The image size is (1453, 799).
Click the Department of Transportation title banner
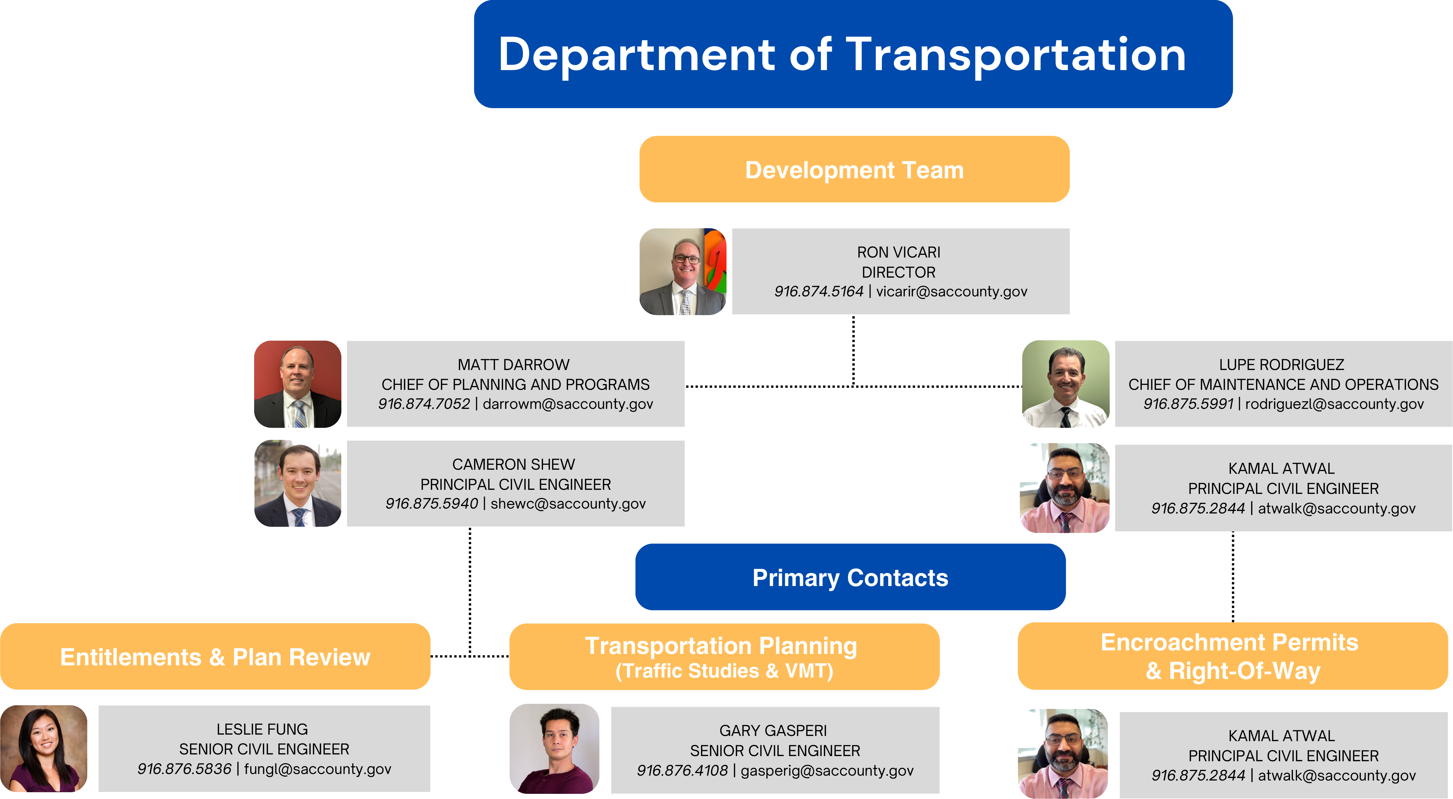tap(853, 54)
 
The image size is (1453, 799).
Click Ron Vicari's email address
tap(952, 292)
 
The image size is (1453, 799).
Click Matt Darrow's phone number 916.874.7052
tap(424, 404)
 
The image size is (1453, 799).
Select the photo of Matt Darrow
tap(298, 384)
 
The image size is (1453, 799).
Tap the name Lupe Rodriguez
tap(1281, 365)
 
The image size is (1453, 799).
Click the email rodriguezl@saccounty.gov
tap(1334, 404)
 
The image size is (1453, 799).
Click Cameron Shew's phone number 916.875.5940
tap(432, 503)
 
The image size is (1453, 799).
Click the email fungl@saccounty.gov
tap(317, 769)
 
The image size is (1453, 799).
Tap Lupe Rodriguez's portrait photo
tap(1065, 384)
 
